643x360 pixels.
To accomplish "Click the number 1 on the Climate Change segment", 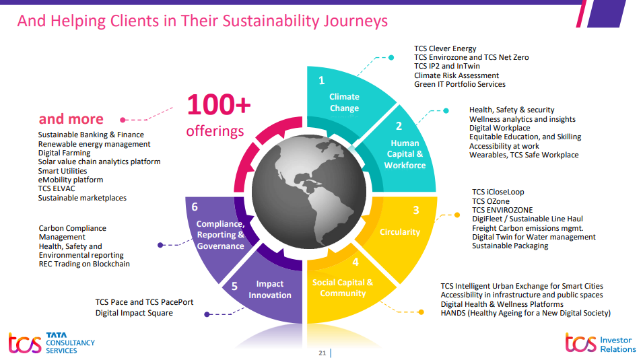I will tap(321, 81).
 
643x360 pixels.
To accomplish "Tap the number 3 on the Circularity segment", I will tap(416, 211).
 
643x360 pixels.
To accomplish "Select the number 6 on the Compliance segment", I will tap(195, 207).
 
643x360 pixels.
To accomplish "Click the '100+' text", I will tap(218, 105).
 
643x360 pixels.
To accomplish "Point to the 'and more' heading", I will tap(71, 119).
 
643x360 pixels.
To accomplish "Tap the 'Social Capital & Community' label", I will tap(343, 287).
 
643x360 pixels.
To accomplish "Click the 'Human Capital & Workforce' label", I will tap(405, 154).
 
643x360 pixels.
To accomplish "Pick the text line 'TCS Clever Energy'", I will tap(445, 48).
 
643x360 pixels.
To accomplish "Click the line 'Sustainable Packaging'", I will tap(510, 246).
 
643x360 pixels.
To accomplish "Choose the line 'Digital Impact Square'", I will tap(134, 313).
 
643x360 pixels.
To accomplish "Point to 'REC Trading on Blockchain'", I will tap(84, 264).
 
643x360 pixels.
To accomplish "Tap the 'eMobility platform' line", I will tap(71, 180).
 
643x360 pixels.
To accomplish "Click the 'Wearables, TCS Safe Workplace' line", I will tap(524, 155).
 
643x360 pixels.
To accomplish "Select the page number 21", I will tap(322, 353).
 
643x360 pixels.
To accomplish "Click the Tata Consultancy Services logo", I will tap(51, 343).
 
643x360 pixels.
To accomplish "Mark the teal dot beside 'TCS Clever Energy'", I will tap(391, 57).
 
